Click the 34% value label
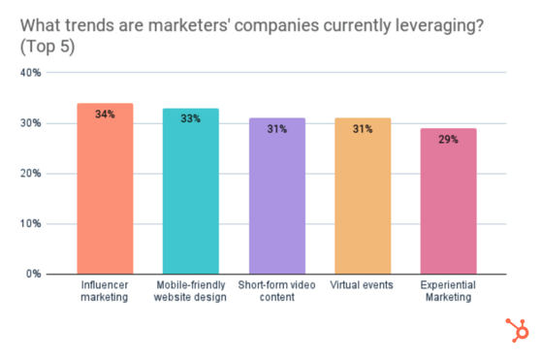pyautogui.click(x=105, y=115)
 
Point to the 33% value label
pyautogui.click(x=190, y=119)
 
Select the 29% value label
pyautogui.click(x=448, y=140)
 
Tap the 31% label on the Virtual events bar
pyautogui.click(x=363, y=129)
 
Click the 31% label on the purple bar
pyautogui.click(x=276, y=129)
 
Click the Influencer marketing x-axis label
pyautogui.click(x=105, y=291)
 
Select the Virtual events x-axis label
pyautogui.click(x=363, y=285)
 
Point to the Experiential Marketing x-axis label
pyautogui.click(x=448, y=291)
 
